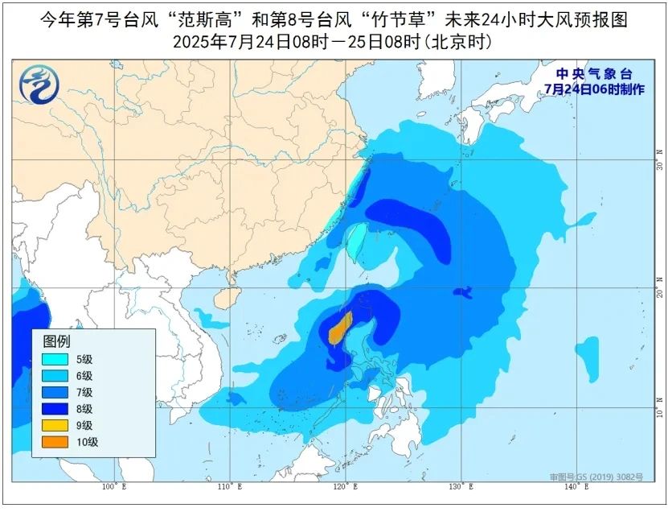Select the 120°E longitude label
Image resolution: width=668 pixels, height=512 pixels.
(344, 487)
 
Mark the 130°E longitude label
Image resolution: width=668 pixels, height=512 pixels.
(458, 487)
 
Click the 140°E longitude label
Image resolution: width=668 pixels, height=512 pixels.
(572, 487)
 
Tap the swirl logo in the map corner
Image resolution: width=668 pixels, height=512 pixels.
(36, 84)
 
